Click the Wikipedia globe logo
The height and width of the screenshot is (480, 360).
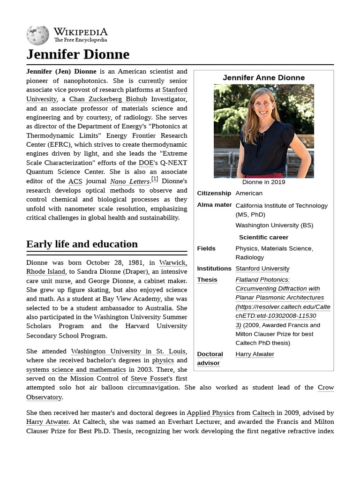(x=37, y=35)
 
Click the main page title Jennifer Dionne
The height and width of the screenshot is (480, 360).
(x=78, y=54)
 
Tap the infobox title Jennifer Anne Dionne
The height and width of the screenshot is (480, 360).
(x=263, y=78)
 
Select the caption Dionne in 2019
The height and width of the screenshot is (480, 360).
(x=263, y=182)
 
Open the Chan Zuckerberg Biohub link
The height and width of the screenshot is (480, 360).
(x=108, y=99)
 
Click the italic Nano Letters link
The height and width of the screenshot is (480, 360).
(x=130, y=181)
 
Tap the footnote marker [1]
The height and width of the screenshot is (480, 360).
(x=155, y=179)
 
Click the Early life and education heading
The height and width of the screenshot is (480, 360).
(x=82, y=244)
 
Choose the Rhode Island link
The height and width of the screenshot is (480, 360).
(x=45, y=271)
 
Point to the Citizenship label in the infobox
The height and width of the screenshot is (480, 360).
(x=214, y=193)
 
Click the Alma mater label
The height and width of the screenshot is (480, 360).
(x=214, y=205)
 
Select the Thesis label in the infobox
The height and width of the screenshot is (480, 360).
(x=207, y=280)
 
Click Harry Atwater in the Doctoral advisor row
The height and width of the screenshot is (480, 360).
(x=255, y=354)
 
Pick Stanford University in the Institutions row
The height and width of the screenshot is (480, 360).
(x=262, y=269)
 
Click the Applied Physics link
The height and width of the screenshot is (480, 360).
(x=210, y=412)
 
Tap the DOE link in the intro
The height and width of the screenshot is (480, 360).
(x=146, y=163)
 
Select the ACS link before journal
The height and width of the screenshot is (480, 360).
(x=75, y=181)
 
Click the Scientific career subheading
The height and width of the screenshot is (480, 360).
(x=263, y=237)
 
